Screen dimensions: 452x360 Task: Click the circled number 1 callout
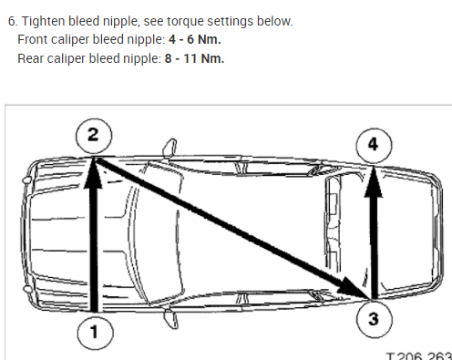(96, 332)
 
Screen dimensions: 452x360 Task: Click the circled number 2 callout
(94, 136)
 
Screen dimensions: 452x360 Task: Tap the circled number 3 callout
(374, 319)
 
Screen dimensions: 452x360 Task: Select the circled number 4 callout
(374, 145)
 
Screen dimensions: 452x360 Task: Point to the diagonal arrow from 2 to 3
(232, 228)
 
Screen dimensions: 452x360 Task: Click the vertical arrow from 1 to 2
(95, 234)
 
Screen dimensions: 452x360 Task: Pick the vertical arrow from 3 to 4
(374, 232)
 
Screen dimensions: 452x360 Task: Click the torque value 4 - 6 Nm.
(195, 39)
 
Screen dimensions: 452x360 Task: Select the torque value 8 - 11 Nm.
(194, 58)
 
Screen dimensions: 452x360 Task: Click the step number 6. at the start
(13, 22)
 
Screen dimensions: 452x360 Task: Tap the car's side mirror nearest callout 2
(170, 148)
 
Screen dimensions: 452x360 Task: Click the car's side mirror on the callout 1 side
(171, 319)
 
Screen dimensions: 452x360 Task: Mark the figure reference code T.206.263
(419, 356)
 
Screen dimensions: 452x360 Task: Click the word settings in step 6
(231, 22)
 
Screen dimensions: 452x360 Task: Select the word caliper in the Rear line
(66, 59)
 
